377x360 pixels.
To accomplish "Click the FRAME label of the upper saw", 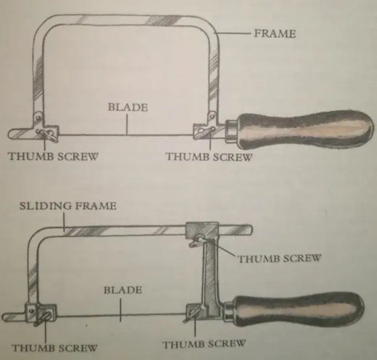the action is (x=275, y=33).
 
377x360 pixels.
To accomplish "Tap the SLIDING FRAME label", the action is (x=68, y=205).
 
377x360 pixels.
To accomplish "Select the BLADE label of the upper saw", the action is (x=128, y=107).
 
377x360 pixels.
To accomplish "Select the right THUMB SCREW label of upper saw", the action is (x=209, y=156).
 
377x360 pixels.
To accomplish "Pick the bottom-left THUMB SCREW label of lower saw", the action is (x=54, y=347).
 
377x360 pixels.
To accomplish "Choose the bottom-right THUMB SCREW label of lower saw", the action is (x=204, y=344).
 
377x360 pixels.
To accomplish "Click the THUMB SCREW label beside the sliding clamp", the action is (x=279, y=258).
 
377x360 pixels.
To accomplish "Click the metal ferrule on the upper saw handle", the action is (x=231, y=129).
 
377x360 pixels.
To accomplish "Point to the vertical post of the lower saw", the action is (x=209, y=272).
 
